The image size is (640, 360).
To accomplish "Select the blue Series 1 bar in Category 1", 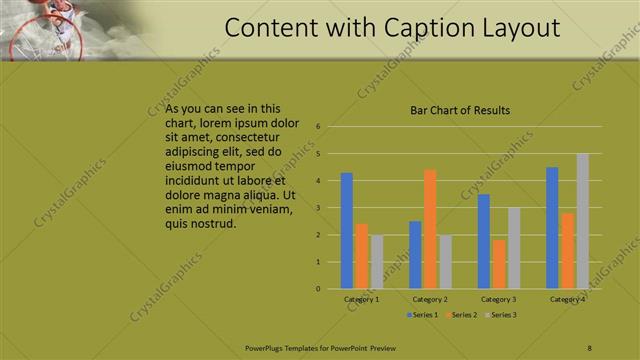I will pyautogui.click(x=346, y=231).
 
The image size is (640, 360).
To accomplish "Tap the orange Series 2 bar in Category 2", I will pyautogui.click(x=430, y=229).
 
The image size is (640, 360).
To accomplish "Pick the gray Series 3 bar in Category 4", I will pyautogui.click(x=582, y=221).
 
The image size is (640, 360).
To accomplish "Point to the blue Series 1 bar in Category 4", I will pyautogui.click(x=552, y=228).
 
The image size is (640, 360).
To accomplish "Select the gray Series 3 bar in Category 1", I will pyautogui.click(x=376, y=262).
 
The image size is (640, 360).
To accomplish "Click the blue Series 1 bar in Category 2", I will pyautogui.click(x=415, y=255).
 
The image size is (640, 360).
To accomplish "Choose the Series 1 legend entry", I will pyautogui.click(x=424, y=315).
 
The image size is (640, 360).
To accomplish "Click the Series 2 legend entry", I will pyautogui.click(x=462, y=315).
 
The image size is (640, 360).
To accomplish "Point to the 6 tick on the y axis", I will pyautogui.click(x=317, y=127).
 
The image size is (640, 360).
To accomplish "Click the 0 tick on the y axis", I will pyautogui.click(x=317, y=289).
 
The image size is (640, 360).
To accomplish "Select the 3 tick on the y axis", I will pyautogui.click(x=317, y=208).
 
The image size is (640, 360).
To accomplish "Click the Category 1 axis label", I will pyautogui.click(x=361, y=299).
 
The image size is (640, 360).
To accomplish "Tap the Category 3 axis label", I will pyautogui.click(x=498, y=299).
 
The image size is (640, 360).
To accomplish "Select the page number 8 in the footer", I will pyautogui.click(x=589, y=347).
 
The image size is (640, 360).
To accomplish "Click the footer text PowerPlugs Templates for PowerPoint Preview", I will pyautogui.click(x=320, y=347).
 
